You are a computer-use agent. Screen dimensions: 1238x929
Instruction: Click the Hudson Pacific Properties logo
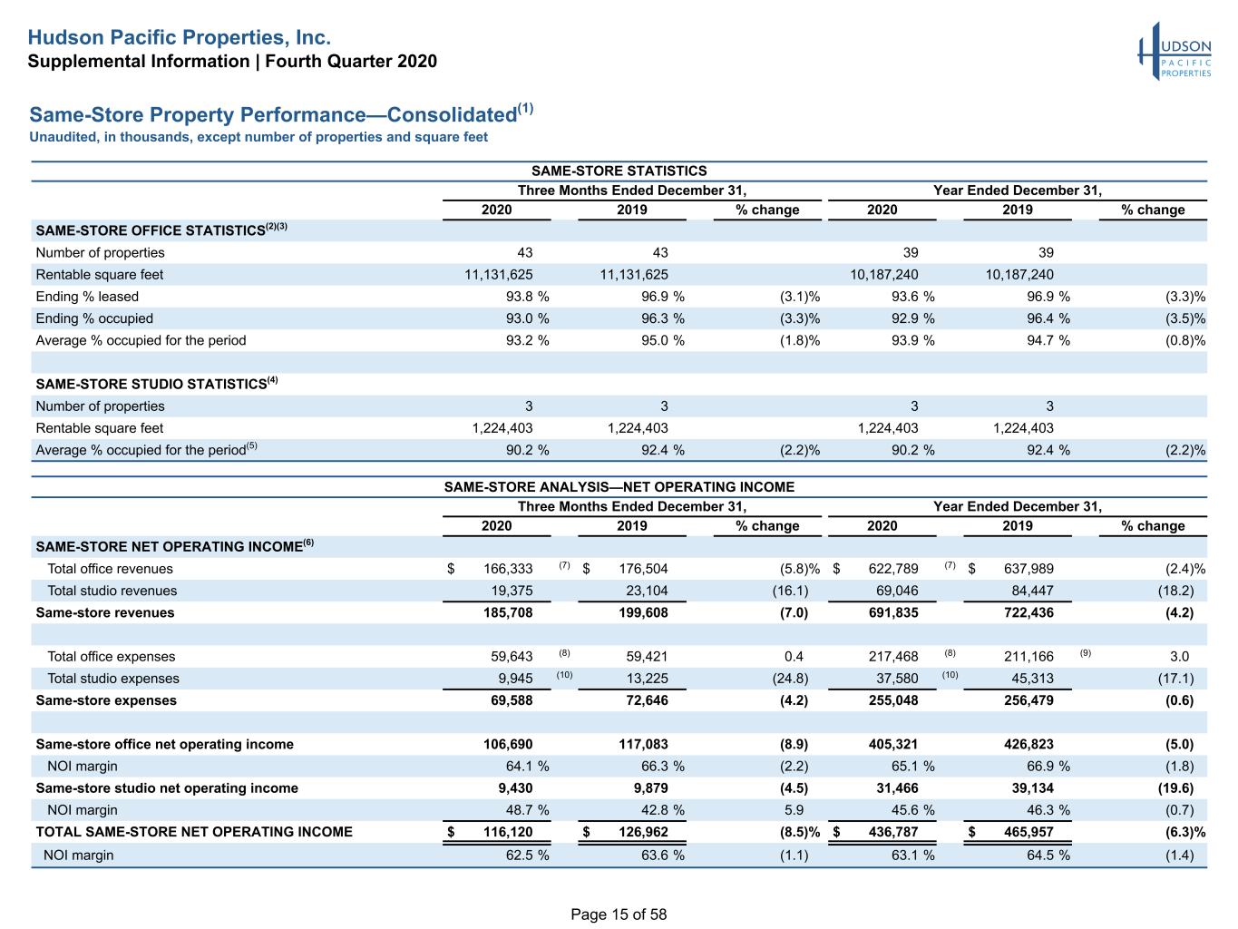(1175, 51)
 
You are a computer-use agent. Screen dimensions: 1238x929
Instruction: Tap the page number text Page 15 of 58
(619, 914)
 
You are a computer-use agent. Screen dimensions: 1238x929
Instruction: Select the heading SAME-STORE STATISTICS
(619, 171)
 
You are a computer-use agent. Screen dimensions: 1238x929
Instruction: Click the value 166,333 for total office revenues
(508, 569)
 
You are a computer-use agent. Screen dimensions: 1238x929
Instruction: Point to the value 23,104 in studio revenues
(647, 591)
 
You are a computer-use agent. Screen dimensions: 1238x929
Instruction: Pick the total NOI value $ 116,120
(490, 832)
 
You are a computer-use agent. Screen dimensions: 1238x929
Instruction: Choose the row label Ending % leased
(87, 297)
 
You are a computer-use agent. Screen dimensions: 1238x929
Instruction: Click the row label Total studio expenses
(112, 679)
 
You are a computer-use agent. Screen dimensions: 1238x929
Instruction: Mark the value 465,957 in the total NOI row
(1028, 832)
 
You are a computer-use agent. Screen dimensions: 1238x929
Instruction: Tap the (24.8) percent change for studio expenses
(790, 679)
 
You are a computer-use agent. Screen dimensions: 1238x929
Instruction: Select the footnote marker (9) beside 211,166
(1085, 653)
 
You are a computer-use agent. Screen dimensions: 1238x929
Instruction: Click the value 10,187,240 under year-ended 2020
(883, 275)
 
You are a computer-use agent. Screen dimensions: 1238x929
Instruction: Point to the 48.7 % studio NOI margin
(527, 810)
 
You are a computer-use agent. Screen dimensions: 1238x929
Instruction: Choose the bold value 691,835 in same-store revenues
(892, 612)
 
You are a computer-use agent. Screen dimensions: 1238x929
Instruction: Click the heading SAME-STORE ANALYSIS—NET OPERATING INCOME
(619, 487)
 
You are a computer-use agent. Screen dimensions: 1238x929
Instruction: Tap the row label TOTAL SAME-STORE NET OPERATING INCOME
(194, 832)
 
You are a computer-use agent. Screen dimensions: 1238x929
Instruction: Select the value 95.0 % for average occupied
(662, 341)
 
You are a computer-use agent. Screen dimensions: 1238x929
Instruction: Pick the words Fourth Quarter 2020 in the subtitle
(351, 61)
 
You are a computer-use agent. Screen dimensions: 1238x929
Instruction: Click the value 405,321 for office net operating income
(892, 745)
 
